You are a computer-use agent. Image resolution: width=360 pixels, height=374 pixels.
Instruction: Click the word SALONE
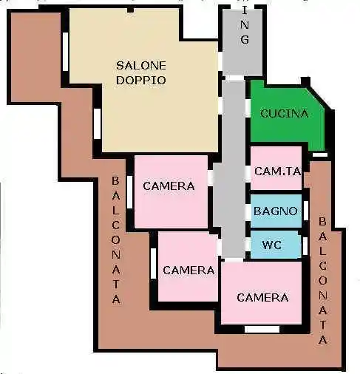tap(141, 66)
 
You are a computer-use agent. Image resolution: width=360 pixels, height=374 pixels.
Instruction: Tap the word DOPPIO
tap(141, 79)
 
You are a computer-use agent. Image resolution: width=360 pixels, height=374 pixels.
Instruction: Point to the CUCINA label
tap(285, 114)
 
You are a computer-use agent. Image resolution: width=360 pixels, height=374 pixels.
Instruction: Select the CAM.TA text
tap(277, 171)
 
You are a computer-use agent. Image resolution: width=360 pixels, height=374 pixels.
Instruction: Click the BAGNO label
tap(276, 211)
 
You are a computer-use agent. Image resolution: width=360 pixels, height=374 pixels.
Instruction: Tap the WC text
tap(271, 244)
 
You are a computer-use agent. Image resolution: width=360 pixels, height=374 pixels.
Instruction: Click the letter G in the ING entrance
tap(245, 40)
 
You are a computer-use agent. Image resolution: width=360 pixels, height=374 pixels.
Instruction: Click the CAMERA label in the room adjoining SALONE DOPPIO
tap(169, 186)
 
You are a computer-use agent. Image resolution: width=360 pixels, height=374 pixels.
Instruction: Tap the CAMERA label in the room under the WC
tap(262, 298)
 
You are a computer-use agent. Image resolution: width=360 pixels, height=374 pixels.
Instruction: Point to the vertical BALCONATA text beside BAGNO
tap(323, 281)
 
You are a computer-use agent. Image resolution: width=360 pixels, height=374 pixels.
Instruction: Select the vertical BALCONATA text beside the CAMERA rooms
tap(116, 240)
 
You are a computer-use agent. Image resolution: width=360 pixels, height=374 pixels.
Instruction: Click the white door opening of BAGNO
tap(246, 211)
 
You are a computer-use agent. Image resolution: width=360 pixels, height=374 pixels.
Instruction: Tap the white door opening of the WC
tap(246, 243)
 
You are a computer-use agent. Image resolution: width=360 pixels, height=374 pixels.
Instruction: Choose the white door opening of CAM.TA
tap(246, 171)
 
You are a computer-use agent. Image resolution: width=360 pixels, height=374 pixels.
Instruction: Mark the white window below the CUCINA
tap(319, 154)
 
